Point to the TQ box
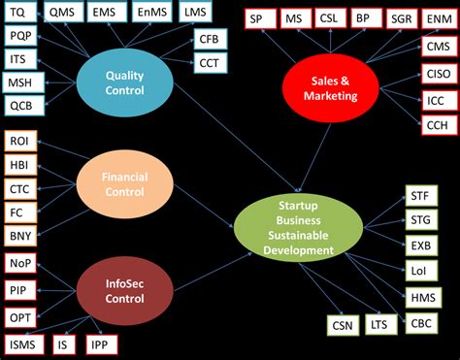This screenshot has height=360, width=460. point(19,13)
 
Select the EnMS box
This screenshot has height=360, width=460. point(150,13)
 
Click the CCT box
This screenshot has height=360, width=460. point(210,64)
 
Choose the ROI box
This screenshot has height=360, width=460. point(19,141)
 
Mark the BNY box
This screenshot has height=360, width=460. point(19,235)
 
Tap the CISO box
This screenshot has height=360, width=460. point(437,73)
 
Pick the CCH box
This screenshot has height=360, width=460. point(437,124)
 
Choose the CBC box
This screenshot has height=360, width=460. point(421,323)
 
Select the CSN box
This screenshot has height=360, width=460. point(340,326)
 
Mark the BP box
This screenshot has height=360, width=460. point(363,18)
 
